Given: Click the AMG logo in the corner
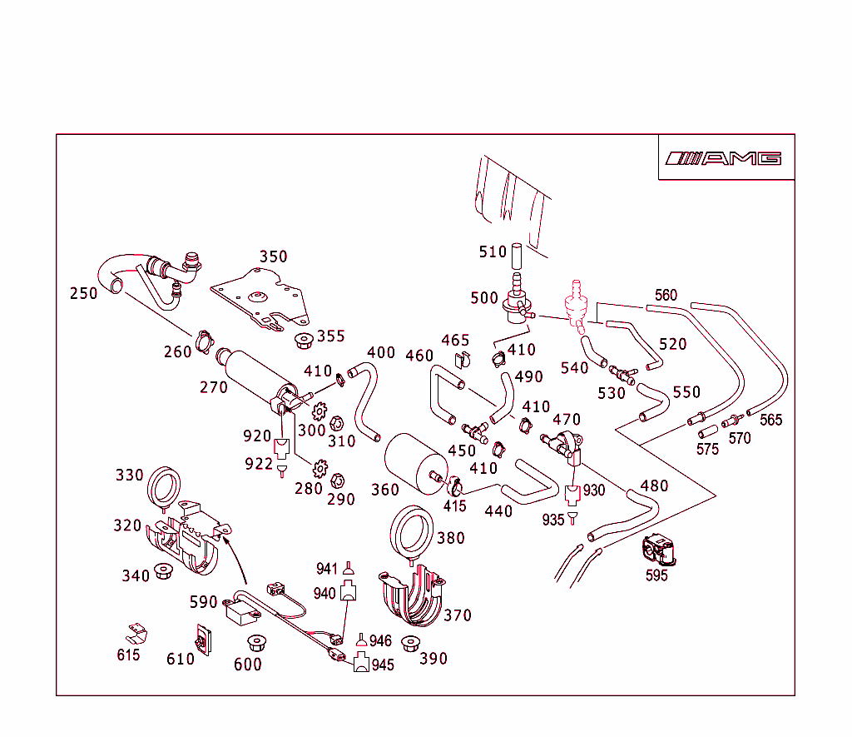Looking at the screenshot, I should [x=726, y=158].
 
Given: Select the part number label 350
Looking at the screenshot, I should [x=273, y=256].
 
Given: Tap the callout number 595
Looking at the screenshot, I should [x=656, y=575].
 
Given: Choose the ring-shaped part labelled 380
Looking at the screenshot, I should [x=413, y=531].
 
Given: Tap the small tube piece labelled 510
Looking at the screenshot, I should [x=515, y=253].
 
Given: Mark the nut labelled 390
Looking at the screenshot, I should [x=409, y=644].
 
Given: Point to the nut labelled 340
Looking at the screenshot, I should [x=164, y=572].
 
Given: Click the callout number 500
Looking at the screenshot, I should [x=484, y=298].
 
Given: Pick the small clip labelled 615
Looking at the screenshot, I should [x=136, y=632].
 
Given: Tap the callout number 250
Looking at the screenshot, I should [x=83, y=293].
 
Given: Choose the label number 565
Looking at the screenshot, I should [x=770, y=421].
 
